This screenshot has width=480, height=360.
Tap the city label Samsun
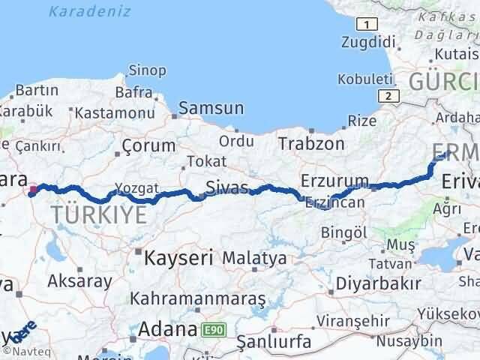click(x=212, y=108)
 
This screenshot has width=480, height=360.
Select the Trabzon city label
click(x=311, y=143)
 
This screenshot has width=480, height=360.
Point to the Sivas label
click(x=227, y=189)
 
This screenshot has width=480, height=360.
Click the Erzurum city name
click(x=334, y=181)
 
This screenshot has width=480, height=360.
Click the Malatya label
click(x=255, y=259)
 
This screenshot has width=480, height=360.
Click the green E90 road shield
click(x=212, y=329)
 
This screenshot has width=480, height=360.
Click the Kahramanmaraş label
click(x=198, y=298)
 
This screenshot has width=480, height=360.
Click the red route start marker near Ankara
click(x=33, y=190)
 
